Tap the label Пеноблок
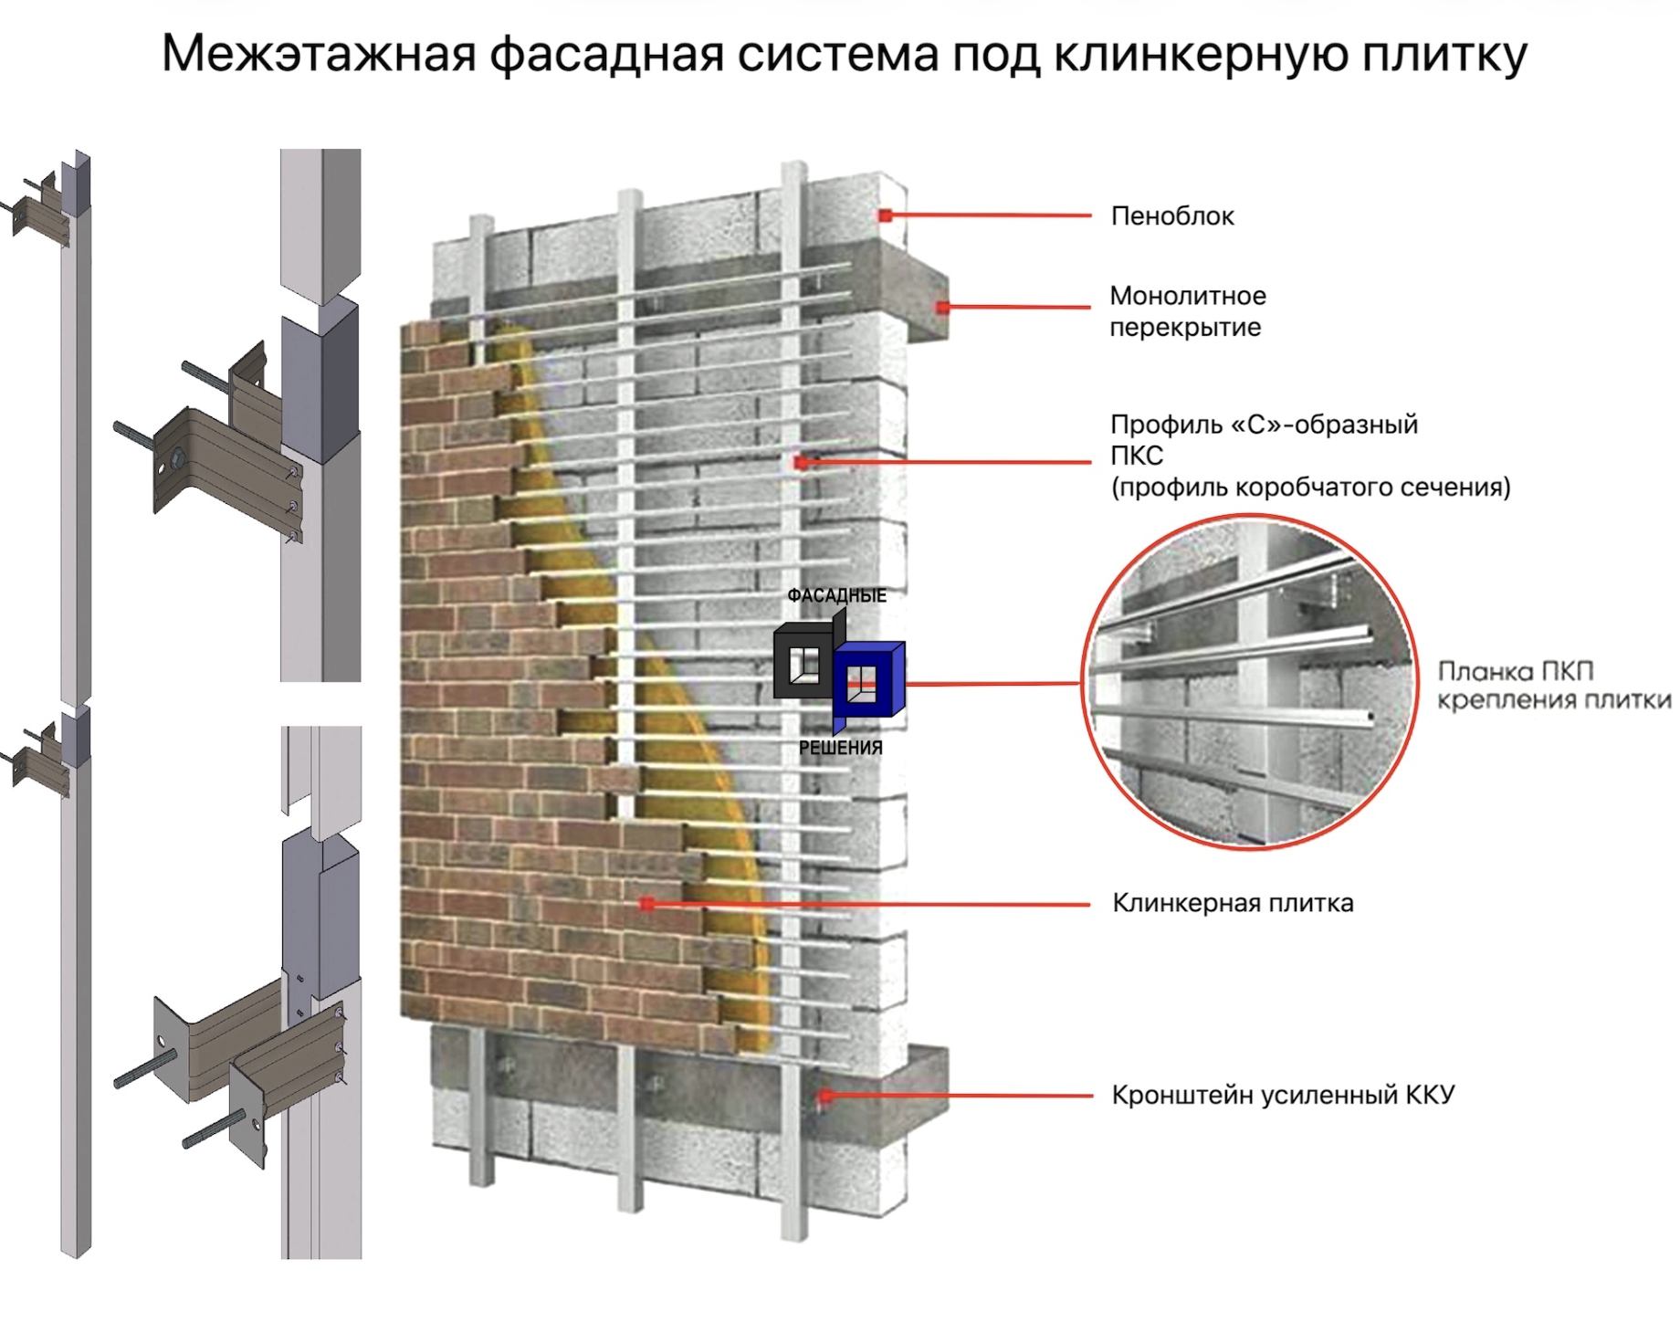(x=1171, y=216)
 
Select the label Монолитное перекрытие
(x=1187, y=311)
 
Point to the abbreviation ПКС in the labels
(x=1136, y=456)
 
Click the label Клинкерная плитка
(x=1232, y=903)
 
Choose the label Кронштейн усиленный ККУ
(x=1282, y=1095)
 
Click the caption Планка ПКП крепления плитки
(x=1553, y=686)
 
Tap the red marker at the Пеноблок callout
(x=885, y=215)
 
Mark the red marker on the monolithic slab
(x=942, y=308)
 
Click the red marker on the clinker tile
(x=646, y=904)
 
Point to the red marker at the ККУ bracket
(x=824, y=1095)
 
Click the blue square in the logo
(x=868, y=680)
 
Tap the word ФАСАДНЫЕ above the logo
(x=836, y=596)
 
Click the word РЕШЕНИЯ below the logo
(x=840, y=748)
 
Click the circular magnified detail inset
(x=1249, y=681)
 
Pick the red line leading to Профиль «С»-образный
(x=950, y=462)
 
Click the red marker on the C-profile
(x=801, y=463)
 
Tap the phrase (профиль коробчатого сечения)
(x=1310, y=488)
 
